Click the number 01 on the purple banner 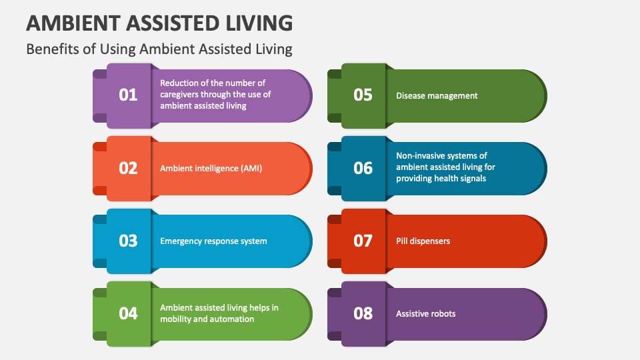pos(128,95)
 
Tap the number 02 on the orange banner pos(128,168)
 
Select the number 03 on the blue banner pos(128,241)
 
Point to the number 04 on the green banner pos(128,313)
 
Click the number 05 pos(363,95)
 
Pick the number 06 pos(363,168)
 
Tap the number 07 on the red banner pos(363,241)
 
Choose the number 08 pos(363,313)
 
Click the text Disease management pos(437,95)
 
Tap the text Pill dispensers pos(423,241)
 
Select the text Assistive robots pos(426,313)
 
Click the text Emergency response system pos(213,241)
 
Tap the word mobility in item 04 pos(176,319)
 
